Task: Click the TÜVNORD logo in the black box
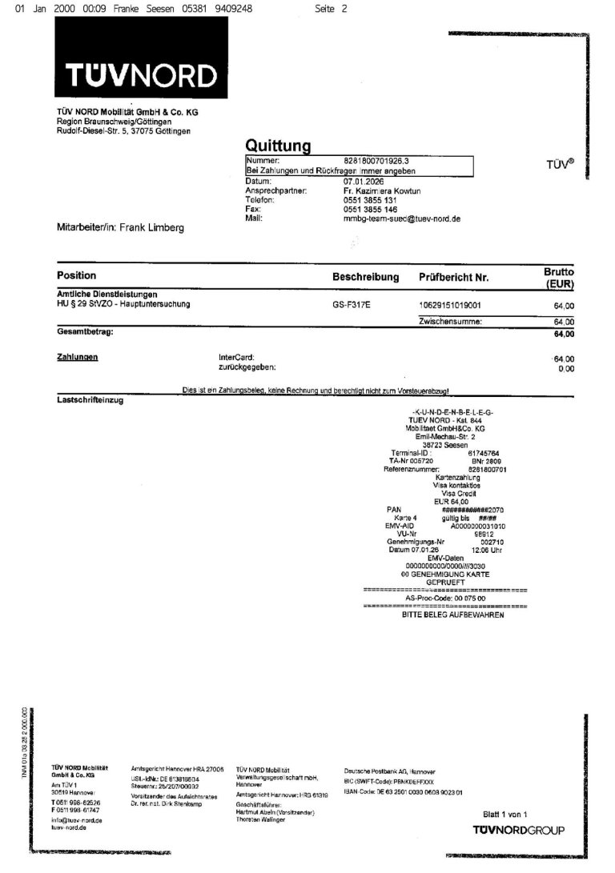coord(141,76)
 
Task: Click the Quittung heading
coord(277,145)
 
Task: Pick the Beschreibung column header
coord(365,277)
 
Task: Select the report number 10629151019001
coord(450,305)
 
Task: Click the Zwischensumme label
coord(449,321)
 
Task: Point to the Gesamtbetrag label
coord(85,331)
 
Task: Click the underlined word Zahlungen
coord(77,357)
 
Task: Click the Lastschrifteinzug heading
coord(90,398)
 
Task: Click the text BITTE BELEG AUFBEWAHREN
coord(452,615)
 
